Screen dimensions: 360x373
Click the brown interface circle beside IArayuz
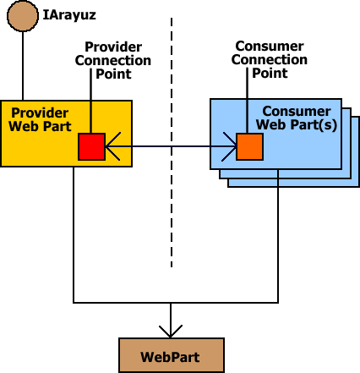pos(23,16)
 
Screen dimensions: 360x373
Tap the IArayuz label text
pos(69,15)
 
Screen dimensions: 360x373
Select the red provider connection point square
pos(91,146)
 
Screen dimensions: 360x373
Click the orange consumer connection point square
pos(249,146)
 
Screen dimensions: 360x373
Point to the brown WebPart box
pos(172,355)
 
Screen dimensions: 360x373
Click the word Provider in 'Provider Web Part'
pos(40,113)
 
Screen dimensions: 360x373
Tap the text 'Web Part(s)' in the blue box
pos(297,124)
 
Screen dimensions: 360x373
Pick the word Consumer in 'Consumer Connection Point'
pos(270,47)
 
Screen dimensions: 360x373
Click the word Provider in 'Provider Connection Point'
pos(113,47)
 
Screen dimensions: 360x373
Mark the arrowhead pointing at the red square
pos(112,146)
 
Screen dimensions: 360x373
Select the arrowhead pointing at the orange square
pos(229,146)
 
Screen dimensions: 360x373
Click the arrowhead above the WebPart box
pos(171,332)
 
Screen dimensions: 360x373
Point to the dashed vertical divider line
pos(172,142)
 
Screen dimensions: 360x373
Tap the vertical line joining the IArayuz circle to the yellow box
pos(23,66)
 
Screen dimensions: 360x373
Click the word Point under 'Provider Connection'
pos(113,74)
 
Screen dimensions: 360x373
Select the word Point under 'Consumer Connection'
pos(270,74)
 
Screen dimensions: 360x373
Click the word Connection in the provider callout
pos(113,61)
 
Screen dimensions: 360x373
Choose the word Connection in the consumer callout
pos(270,60)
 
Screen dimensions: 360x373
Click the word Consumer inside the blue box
pos(297,112)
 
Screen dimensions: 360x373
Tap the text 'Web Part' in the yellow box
pos(40,126)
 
